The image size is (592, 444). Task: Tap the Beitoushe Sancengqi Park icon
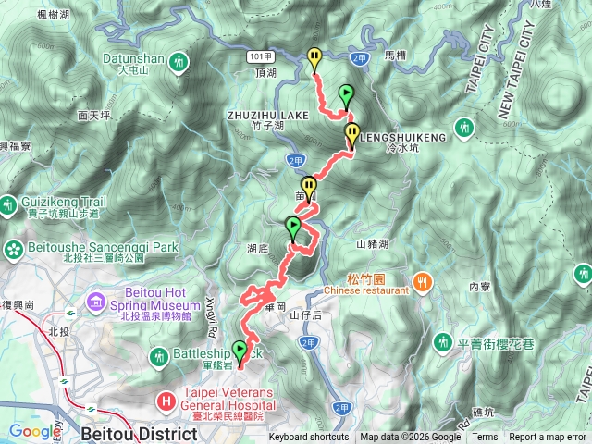click(14, 248)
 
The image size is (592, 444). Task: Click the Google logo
click(35, 431)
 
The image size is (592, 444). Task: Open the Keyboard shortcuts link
click(309, 438)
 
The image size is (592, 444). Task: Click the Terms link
click(485, 438)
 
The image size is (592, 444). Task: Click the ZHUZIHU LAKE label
click(266, 115)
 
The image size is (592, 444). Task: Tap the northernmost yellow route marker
click(314, 57)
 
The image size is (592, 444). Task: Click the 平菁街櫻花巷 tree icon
click(443, 342)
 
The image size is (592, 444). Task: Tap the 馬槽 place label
click(394, 55)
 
